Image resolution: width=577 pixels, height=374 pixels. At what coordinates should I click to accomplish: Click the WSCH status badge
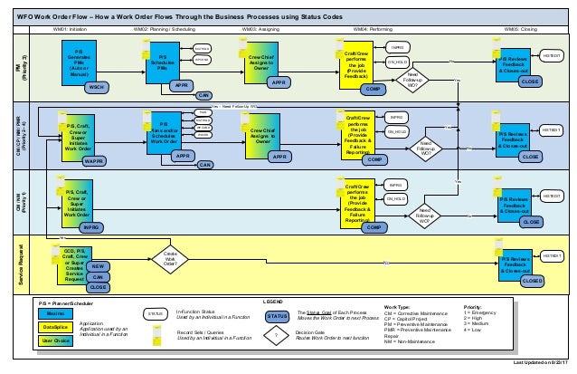point(95,88)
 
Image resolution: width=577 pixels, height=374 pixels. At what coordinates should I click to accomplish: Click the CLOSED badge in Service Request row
point(532,282)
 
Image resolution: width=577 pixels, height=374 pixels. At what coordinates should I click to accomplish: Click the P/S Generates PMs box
point(80,64)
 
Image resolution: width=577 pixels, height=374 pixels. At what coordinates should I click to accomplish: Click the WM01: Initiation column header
point(75,29)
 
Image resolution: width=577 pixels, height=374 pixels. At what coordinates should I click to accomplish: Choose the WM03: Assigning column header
point(260,29)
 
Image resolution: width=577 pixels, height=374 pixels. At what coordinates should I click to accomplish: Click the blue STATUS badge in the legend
point(277,315)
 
